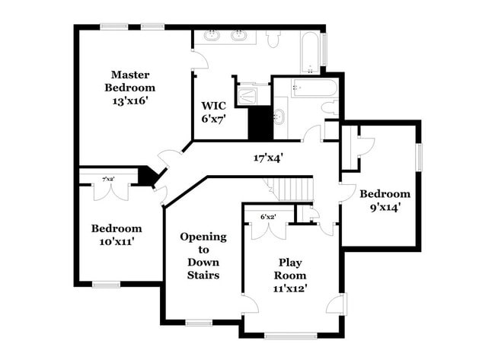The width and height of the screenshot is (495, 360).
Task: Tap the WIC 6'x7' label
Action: coord(214,112)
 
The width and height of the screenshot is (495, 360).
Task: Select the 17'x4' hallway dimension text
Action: coord(268,158)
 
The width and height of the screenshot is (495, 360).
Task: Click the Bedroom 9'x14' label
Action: coord(385,199)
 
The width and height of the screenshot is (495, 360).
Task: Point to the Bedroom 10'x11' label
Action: coord(117,234)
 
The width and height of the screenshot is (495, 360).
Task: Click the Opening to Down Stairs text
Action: coord(203,255)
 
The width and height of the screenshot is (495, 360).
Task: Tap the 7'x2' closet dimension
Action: coord(109,179)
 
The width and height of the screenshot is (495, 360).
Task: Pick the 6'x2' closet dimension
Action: coord(268,217)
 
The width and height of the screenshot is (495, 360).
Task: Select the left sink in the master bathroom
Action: coord(211,36)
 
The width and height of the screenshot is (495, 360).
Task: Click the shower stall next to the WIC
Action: coord(248,95)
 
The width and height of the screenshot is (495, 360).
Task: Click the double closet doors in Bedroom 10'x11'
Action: coord(109,191)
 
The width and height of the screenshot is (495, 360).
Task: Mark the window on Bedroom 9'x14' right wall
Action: coord(418,158)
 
